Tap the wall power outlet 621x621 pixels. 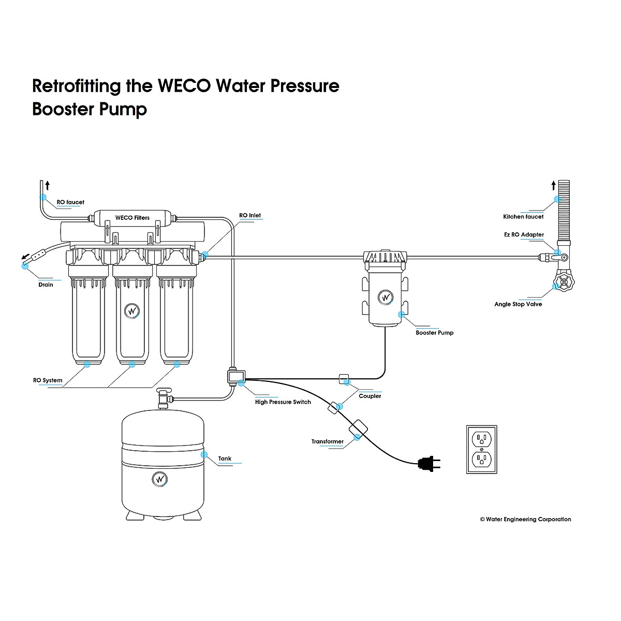point(482,449)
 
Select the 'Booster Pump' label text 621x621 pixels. point(434,333)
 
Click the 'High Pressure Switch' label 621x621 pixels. point(283,402)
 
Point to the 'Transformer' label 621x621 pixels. point(327,442)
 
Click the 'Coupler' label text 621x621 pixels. point(369,396)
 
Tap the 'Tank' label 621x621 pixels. point(225,459)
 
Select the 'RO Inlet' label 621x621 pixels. point(250,215)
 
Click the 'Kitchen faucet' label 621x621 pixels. point(523,217)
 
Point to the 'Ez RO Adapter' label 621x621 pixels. point(524,234)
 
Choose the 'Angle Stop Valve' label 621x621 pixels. point(518,304)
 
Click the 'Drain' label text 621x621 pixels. point(46,285)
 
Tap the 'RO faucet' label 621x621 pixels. point(70,202)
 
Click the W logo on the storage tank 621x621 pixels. point(160,479)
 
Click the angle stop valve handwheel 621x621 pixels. point(563,284)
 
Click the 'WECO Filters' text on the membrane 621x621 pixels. point(132,218)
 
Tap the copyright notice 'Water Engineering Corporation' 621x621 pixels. point(525,519)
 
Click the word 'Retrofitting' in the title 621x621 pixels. point(76,85)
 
